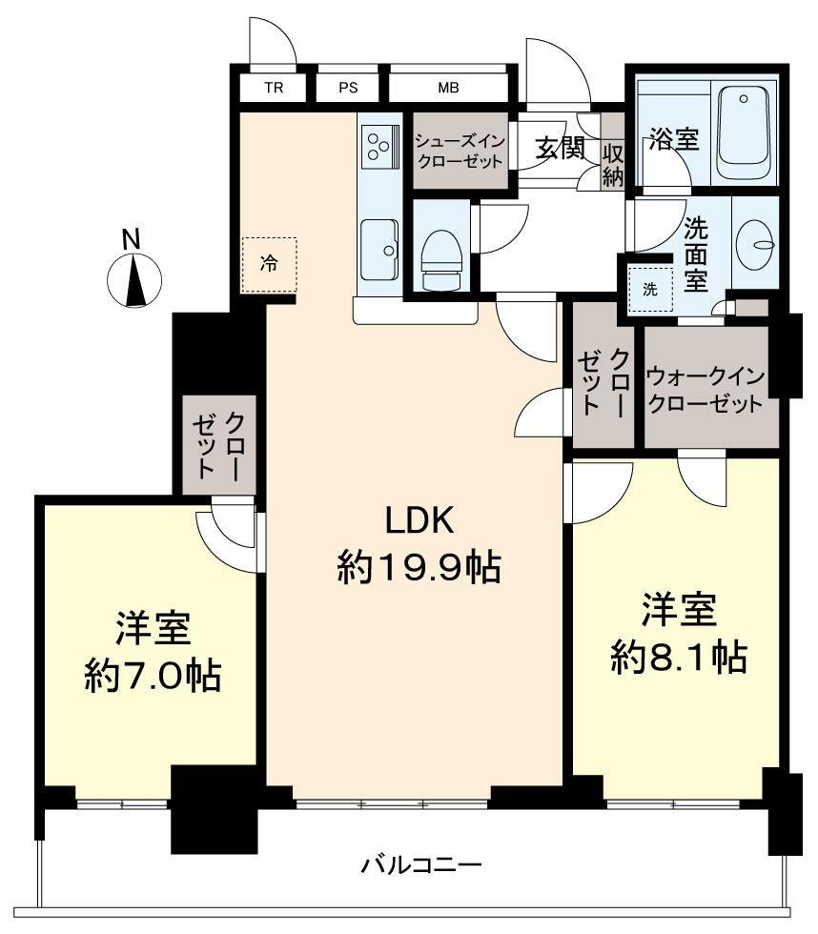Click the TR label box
274,88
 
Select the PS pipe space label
348,88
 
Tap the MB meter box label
449,88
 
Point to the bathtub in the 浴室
743,132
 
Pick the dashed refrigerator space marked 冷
269,265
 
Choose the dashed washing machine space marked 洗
650,290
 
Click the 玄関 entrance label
560,147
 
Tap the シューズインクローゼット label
460,152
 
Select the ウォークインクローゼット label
706,391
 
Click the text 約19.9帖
419,566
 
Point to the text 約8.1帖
679,657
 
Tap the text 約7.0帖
153,675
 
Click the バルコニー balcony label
421,864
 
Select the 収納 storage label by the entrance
613,165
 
